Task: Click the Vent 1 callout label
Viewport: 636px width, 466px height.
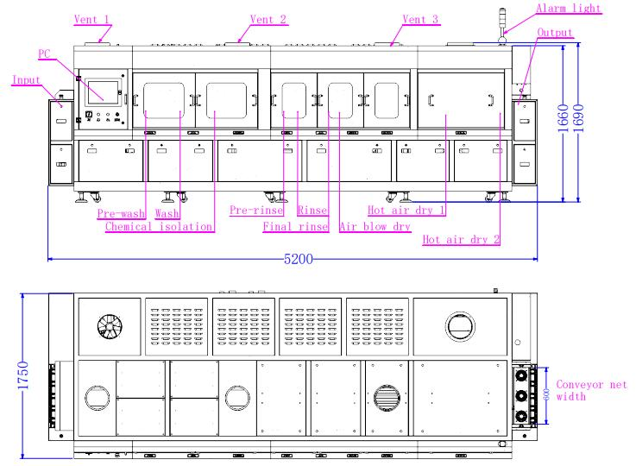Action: (x=91, y=19)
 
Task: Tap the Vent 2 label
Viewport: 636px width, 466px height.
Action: (x=268, y=19)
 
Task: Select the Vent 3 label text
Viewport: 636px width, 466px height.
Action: (x=420, y=19)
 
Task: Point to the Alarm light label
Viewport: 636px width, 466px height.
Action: (x=568, y=8)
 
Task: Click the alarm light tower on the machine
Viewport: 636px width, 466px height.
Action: (x=502, y=25)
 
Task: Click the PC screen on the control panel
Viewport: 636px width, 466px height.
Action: (x=103, y=92)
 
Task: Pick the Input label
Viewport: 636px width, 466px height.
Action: (x=27, y=80)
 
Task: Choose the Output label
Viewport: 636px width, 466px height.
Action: (x=555, y=32)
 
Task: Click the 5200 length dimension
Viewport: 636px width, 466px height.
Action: (x=298, y=259)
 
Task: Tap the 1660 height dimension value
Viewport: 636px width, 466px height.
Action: (x=563, y=118)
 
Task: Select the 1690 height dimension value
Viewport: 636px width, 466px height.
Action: (x=579, y=118)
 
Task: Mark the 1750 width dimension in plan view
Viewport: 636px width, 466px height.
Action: (x=23, y=375)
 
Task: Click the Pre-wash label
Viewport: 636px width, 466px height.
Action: (x=121, y=213)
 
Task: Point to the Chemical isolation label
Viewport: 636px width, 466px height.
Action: (x=159, y=226)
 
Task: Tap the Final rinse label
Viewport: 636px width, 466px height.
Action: (x=296, y=226)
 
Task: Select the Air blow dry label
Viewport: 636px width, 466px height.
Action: (x=375, y=226)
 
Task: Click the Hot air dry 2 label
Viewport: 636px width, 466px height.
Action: (x=461, y=239)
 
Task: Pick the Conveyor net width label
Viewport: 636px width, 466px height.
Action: (x=591, y=390)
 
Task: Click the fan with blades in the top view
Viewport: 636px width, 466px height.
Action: (x=110, y=326)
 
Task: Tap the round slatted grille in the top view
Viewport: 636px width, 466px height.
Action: (x=387, y=398)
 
